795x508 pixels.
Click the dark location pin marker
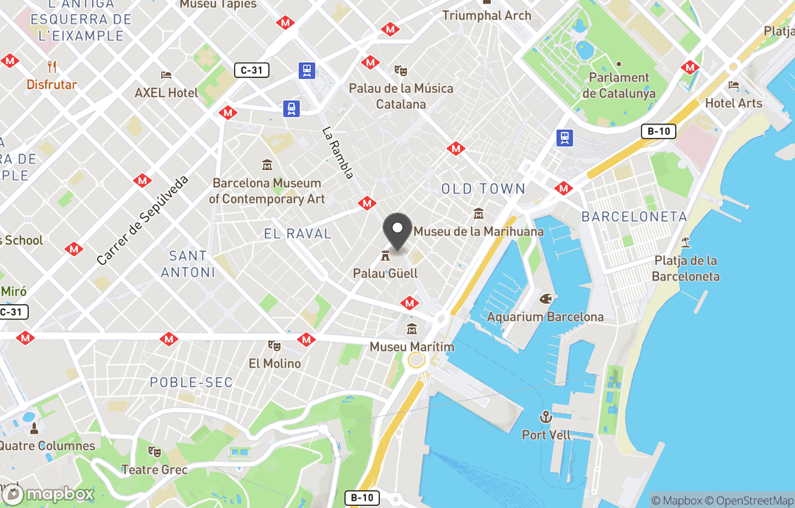point(398,230)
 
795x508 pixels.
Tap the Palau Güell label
point(385,273)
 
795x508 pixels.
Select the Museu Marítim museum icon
point(411,329)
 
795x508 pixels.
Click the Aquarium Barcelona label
point(545,317)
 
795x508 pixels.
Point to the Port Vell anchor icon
point(545,417)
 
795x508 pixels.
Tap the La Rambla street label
point(339,152)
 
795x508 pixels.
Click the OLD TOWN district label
point(483,189)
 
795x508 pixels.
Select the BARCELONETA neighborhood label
point(634,217)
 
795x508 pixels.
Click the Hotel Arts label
point(733,103)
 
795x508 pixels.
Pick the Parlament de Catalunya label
point(618,85)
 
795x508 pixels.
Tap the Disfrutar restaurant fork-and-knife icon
point(52,66)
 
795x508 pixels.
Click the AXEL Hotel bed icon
point(166,75)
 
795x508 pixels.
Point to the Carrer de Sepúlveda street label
point(143,220)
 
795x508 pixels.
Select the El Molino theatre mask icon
point(275,345)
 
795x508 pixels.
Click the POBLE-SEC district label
point(191,382)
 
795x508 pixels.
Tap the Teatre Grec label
point(155,470)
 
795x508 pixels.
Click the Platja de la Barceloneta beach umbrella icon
point(686,241)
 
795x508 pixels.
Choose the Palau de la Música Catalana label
point(401,96)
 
